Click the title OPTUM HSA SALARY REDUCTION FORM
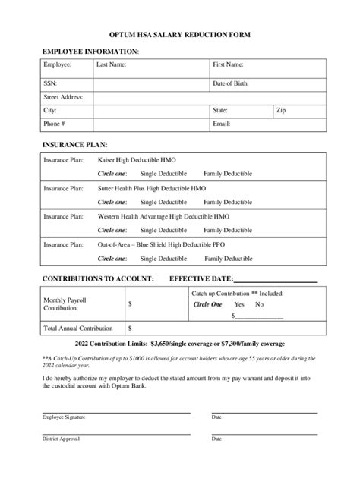tap(180, 36)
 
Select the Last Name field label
tap(111, 65)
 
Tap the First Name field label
tap(228, 65)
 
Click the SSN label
tap(50, 83)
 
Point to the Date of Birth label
tap(231, 83)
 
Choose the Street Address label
tap(63, 97)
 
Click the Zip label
tap(281, 110)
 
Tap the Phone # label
tap(54, 123)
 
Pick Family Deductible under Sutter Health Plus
tap(228, 202)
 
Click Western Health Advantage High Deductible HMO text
tap(163, 216)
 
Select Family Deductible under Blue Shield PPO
tap(228, 258)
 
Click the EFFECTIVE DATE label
tap(201, 278)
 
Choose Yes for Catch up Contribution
tap(240, 304)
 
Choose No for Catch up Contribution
tap(260, 304)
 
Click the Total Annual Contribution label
tap(78, 329)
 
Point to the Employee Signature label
tap(64, 417)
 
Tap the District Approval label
tap(61, 439)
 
